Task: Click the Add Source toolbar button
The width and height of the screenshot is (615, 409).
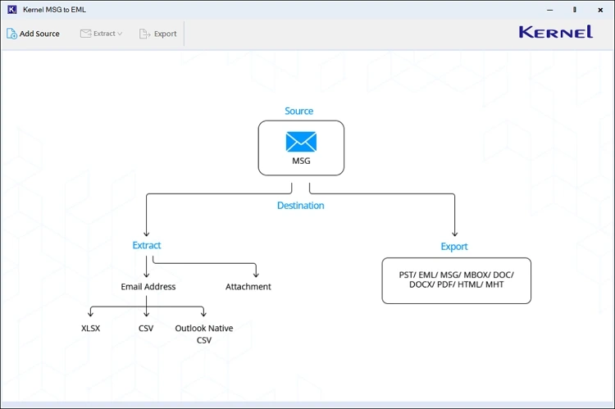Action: [34, 34]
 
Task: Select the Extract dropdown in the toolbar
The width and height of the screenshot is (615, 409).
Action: [102, 34]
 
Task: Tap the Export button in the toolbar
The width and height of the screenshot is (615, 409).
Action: [158, 34]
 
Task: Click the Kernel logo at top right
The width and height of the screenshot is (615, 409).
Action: [555, 32]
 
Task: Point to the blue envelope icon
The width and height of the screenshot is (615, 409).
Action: [301, 142]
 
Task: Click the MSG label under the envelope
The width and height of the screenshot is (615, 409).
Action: [301, 161]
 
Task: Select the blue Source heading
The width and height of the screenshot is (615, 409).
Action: [299, 111]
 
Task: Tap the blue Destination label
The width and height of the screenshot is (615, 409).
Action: [300, 206]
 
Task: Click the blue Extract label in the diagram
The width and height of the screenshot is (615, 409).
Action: [147, 245]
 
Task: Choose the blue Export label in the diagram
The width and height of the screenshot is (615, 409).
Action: [454, 247]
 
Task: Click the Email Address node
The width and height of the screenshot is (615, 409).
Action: [148, 287]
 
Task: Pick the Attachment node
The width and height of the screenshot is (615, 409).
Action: [248, 287]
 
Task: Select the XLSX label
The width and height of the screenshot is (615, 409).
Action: [91, 328]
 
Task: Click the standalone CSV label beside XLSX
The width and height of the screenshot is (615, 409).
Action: [147, 328]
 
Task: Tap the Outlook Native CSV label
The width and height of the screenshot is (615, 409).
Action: [204, 334]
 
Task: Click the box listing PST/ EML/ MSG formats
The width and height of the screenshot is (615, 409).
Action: [456, 281]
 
